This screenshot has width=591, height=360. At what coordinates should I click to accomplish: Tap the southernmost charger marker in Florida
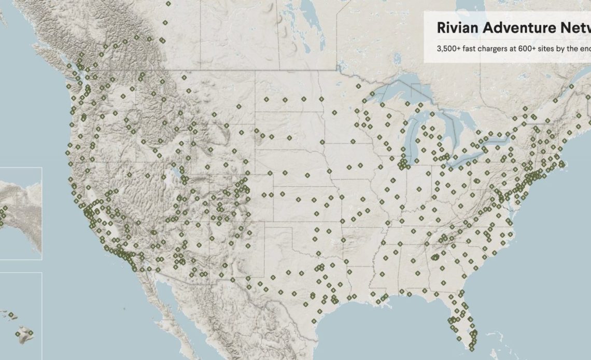[471, 348]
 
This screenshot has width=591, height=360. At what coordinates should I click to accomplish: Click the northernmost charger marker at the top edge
[168, 3]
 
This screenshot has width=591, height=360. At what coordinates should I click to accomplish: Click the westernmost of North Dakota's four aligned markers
[266, 99]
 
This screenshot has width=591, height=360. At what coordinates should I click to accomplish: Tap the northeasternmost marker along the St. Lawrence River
[572, 87]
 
